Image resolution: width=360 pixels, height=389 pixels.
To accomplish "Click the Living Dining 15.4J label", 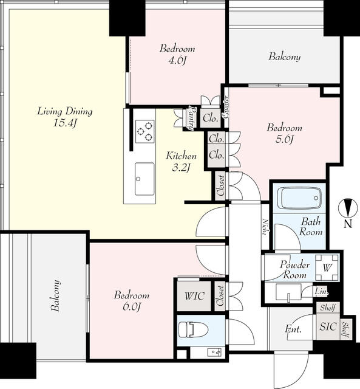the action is [x=65, y=117].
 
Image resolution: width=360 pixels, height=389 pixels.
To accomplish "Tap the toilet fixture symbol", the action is [x=193, y=329].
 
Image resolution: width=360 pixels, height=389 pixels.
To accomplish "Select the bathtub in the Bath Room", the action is [x=299, y=198].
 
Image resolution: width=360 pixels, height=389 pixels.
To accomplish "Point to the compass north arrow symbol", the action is [x=348, y=207].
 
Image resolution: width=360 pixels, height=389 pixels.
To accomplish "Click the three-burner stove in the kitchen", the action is [x=144, y=131].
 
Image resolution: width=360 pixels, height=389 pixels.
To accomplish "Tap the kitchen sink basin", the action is [x=144, y=179].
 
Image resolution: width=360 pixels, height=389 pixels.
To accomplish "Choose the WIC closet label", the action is [x=194, y=296].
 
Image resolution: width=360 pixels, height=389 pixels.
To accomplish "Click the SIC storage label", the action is [x=328, y=326].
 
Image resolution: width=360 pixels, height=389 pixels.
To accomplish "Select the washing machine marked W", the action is [x=327, y=267].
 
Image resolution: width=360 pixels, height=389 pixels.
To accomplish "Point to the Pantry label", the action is [x=192, y=118].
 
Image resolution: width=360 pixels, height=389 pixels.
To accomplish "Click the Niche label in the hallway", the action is [x=266, y=227].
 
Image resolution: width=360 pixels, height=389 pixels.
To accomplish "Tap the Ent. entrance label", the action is [x=293, y=329].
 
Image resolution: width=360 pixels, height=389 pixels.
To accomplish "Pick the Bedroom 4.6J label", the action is [x=177, y=54].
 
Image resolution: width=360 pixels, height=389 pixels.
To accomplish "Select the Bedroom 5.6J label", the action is [x=285, y=134].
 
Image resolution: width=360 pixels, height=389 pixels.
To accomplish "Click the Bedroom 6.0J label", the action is [x=132, y=301].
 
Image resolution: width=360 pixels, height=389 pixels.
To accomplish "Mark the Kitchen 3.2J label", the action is [x=181, y=162].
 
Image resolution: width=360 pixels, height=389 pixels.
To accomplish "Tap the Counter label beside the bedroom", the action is [x=225, y=107].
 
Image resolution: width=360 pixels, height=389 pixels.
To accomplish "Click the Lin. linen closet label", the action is [x=321, y=292].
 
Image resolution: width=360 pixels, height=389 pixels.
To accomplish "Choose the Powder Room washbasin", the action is [x=288, y=293].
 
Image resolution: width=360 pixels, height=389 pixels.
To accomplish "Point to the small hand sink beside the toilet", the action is [x=214, y=351].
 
